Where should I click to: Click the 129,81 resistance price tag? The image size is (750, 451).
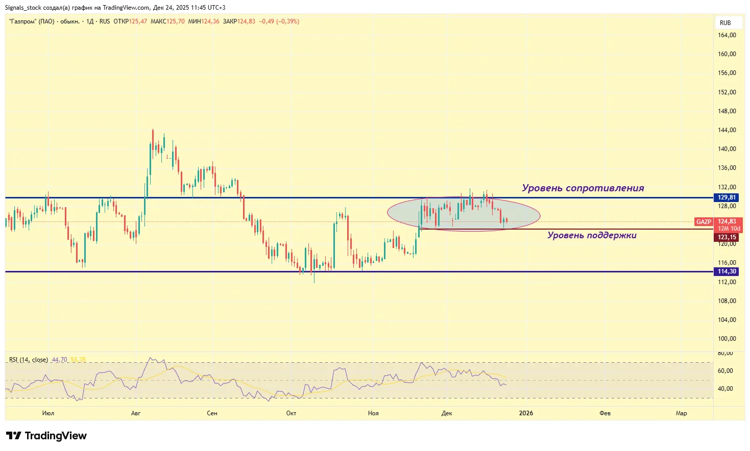point(727,197)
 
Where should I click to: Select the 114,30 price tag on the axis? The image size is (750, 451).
point(727,271)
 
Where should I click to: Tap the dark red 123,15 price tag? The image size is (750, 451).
point(727,237)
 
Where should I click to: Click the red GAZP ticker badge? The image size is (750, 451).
point(704,222)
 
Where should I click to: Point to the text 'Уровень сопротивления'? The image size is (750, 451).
point(583,188)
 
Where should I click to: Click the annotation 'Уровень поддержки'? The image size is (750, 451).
point(592,235)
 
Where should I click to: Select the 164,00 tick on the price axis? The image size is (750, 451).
point(727,35)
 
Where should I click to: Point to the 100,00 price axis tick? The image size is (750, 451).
point(727,339)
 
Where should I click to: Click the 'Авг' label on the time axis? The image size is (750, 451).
point(136,413)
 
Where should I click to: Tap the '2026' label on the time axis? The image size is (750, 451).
point(525,413)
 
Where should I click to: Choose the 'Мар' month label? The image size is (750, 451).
point(681,413)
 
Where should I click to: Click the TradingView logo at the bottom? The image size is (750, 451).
point(46,436)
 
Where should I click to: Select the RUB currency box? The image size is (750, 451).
point(725,23)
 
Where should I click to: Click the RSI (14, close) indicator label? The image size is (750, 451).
point(29,360)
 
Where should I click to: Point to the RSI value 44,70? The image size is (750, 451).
point(59,360)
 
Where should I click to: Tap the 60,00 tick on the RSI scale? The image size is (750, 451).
point(725,371)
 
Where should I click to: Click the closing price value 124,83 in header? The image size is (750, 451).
point(246,21)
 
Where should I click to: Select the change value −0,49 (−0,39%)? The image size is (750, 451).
point(279,21)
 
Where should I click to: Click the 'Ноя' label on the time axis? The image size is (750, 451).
point(373,413)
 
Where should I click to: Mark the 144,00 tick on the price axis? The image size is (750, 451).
point(727,130)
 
